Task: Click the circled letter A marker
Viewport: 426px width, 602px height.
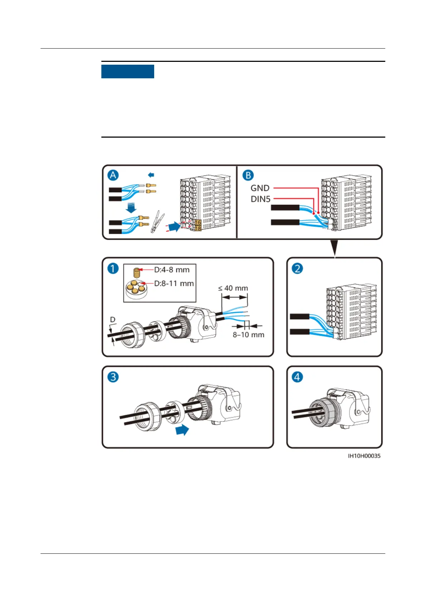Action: click(x=113, y=175)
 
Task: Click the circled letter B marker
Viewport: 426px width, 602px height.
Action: click(x=248, y=175)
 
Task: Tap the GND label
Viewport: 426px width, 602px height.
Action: click(x=260, y=188)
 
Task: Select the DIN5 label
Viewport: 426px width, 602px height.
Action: click(x=260, y=199)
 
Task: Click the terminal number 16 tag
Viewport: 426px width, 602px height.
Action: click(x=198, y=222)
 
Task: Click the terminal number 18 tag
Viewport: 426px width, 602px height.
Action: click(x=198, y=228)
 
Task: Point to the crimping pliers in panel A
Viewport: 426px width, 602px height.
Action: click(x=157, y=222)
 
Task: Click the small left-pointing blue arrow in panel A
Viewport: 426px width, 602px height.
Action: click(x=151, y=175)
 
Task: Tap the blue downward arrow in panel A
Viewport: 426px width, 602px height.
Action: click(x=131, y=207)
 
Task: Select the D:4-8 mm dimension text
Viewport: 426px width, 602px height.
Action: click(x=172, y=270)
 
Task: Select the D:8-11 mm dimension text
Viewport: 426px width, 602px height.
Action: click(x=174, y=283)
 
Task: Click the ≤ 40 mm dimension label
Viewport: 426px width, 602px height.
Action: click(x=233, y=288)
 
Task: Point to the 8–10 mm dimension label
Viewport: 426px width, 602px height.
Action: click(x=249, y=335)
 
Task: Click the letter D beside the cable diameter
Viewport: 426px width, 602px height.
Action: click(x=113, y=320)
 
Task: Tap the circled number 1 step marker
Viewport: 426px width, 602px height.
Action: click(x=113, y=268)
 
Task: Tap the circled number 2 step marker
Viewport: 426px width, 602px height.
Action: click(x=297, y=268)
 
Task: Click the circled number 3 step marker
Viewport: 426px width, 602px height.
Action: click(x=113, y=377)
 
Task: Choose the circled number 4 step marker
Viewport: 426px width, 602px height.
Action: click(x=297, y=377)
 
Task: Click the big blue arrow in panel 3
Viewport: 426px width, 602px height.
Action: click(x=182, y=430)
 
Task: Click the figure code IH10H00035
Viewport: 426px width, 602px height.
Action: click(x=364, y=456)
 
